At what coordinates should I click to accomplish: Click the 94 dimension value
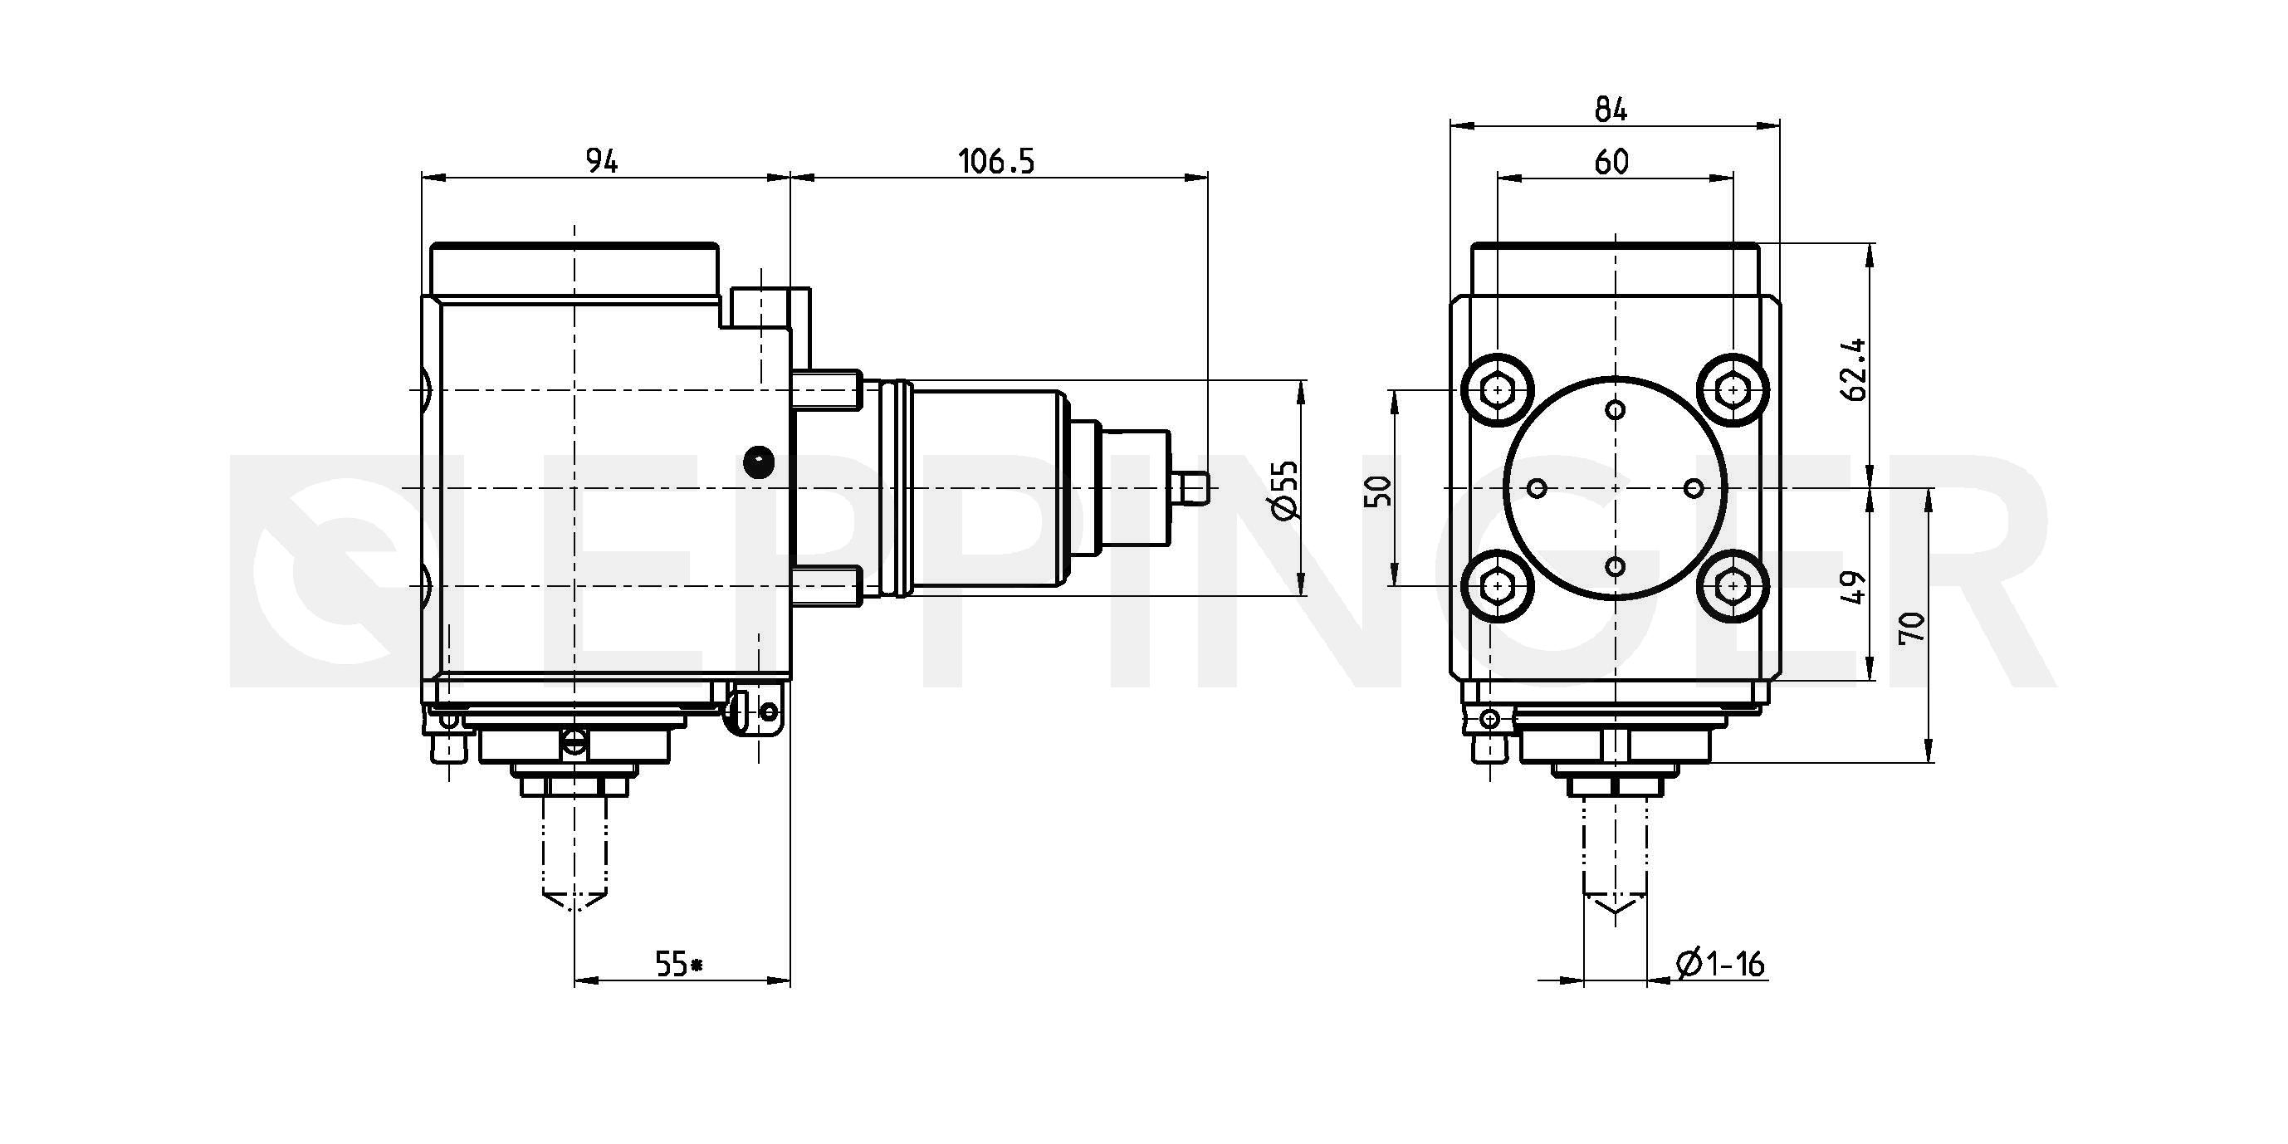coord(601,161)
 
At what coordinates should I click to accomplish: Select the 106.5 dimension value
coord(995,162)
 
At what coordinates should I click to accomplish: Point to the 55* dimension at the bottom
coord(678,964)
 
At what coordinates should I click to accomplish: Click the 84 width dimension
coord(1611,110)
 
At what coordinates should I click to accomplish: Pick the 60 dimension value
coord(1611,162)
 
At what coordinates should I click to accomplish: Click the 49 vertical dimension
coord(1855,588)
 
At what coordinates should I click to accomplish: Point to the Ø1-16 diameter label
coord(1719,964)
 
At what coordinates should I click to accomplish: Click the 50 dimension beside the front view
coord(1380,491)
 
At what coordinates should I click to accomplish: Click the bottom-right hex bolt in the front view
coord(1733,586)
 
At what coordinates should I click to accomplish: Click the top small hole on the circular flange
coord(1616,409)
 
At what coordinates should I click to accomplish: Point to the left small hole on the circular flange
coord(1538,487)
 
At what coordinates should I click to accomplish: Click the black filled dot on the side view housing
coord(758,460)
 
